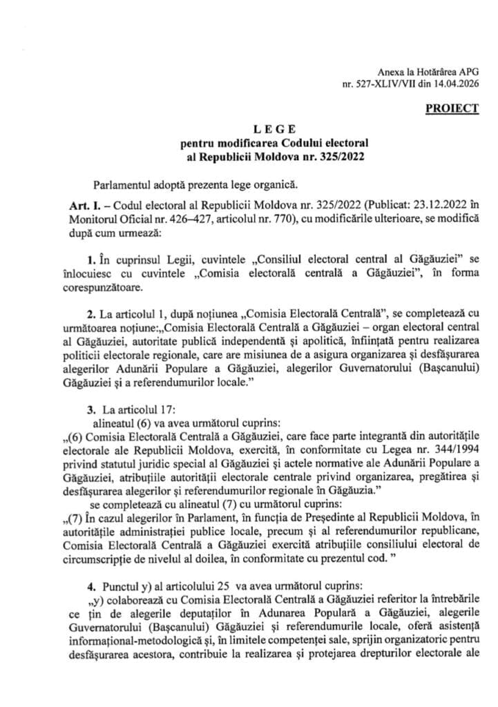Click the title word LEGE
pyautogui.click(x=275, y=128)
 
